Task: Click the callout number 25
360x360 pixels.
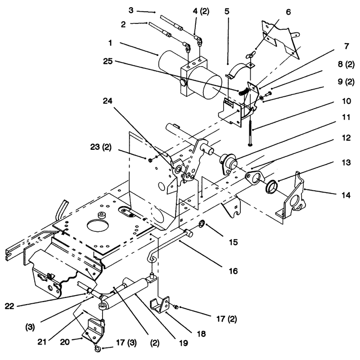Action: pyautogui.click(x=108, y=61)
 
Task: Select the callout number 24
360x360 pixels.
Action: pyautogui.click(x=108, y=101)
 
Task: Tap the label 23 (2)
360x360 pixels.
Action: pyautogui.click(x=101, y=147)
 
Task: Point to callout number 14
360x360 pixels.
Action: pyautogui.click(x=346, y=195)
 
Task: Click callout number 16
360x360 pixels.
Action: pyautogui.click(x=233, y=271)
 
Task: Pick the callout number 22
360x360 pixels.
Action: pyautogui.click(x=9, y=306)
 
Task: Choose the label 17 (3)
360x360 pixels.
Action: pyautogui.click(x=126, y=343)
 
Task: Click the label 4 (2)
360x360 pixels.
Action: pyautogui.click(x=201, y=11)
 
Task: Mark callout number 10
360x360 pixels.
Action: pyautogui.click(x=346, y=101)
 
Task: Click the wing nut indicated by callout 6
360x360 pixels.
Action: pyautogui.click(x=250, y=55)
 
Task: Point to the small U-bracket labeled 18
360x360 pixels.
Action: pyautogui.click(x=160, y=305)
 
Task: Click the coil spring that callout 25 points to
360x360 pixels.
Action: pyautogui.click(x=243, y=91)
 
